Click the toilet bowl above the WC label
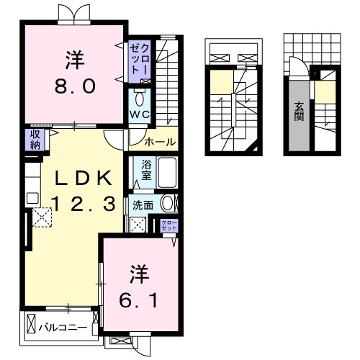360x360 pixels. [x=139, y=98]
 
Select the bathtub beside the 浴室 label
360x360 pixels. [x=166, y=174]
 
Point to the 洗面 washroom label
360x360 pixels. [x=143, y=204]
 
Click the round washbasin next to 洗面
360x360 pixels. [x=167, y=204]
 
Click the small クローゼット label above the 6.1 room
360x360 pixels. [x=168, y=225]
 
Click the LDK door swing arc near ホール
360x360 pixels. [x=114, y=139]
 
